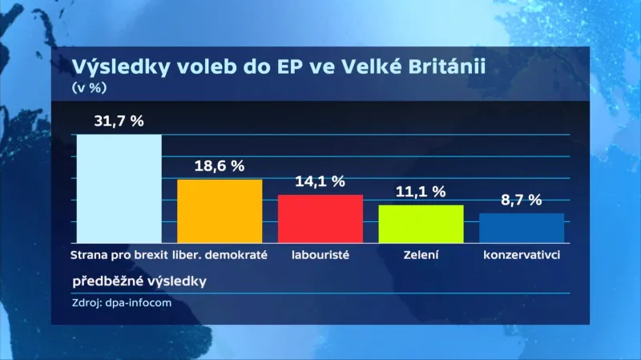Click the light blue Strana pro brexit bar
tap(119, 188)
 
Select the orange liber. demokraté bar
tap(220, 211)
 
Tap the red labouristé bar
tap(320, 218)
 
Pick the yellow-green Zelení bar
tap(421, 224)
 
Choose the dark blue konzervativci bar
tap(522, 228)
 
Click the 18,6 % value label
tap(219, 166)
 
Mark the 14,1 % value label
tap(320, 181)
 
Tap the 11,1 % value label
tap(421, 192)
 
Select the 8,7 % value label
tap(521, 200)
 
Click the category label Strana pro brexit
tap(119, 255)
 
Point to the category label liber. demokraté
tap(220, 255)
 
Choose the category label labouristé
tap(320, 255)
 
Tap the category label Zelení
tap(421, 255)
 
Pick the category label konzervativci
tap(521, 255)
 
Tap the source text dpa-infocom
tap(140, 302)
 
